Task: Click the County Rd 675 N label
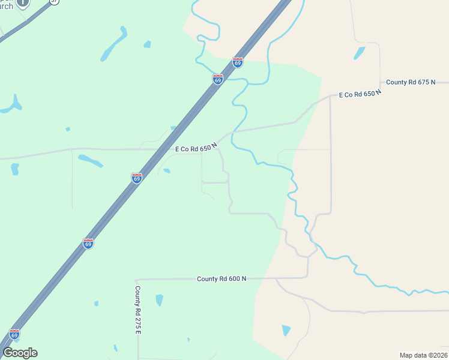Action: [x=419, y=82]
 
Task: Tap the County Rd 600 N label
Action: [x=221, y=279]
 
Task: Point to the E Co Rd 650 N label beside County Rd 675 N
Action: [x=360, y=94]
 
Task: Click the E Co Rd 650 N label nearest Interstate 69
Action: [x=196, y=148]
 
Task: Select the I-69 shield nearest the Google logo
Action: [x=14, y=334]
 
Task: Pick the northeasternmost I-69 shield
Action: [x=238, y=62]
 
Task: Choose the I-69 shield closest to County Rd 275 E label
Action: [x=88, y=244]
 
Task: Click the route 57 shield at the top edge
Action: [x=55, y=1]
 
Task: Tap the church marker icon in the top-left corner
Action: [x=22, y=2]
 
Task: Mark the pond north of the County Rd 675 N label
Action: [x=360, y=53]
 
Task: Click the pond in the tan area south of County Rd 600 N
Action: [x=286, y=330]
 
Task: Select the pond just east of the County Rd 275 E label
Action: [x=159, y=300]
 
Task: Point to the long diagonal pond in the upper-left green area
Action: [x=114, y=45]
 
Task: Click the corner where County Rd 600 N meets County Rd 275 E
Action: [x=136, y=280]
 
